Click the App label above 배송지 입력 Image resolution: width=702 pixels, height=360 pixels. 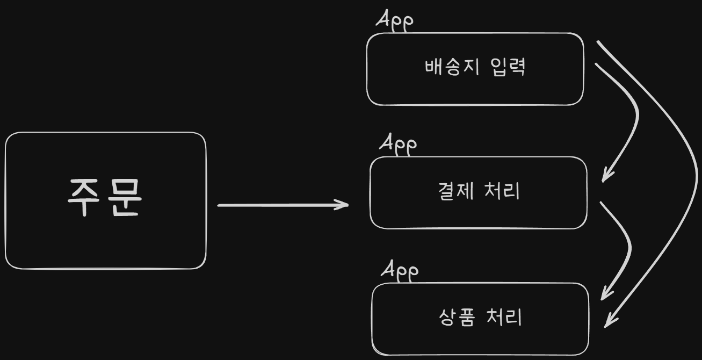[395, 21]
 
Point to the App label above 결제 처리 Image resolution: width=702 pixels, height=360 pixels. [398, 143]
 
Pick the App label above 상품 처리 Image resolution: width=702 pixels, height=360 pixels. [400, 270]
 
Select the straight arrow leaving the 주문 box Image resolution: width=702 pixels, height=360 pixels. [279, 205]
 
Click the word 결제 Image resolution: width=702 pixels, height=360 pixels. [456, 192]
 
